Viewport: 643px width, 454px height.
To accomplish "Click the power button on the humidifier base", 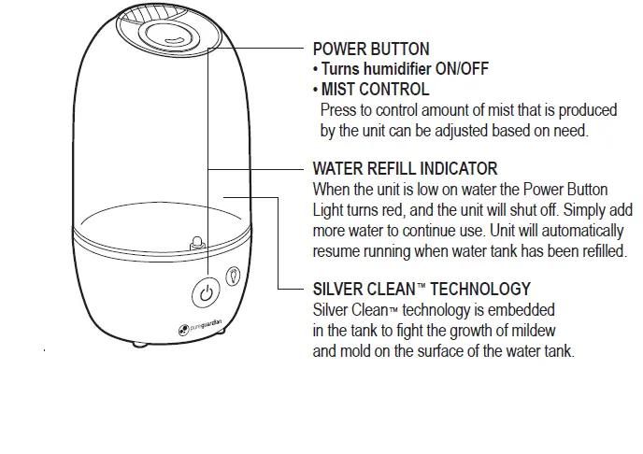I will point(207,293).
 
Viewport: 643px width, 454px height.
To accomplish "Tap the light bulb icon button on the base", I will point(234,277).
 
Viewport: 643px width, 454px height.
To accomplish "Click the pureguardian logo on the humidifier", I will point(199,328).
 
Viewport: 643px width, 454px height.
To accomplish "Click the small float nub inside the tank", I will point(197,242).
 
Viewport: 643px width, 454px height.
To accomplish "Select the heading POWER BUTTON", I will point(371,50).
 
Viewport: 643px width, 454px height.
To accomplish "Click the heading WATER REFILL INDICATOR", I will point(405,169).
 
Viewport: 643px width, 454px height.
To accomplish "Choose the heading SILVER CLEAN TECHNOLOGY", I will point(421,289).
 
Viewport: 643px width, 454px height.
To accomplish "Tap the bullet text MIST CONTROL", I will point(375,90).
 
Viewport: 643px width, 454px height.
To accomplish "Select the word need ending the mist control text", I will point(571,131).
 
